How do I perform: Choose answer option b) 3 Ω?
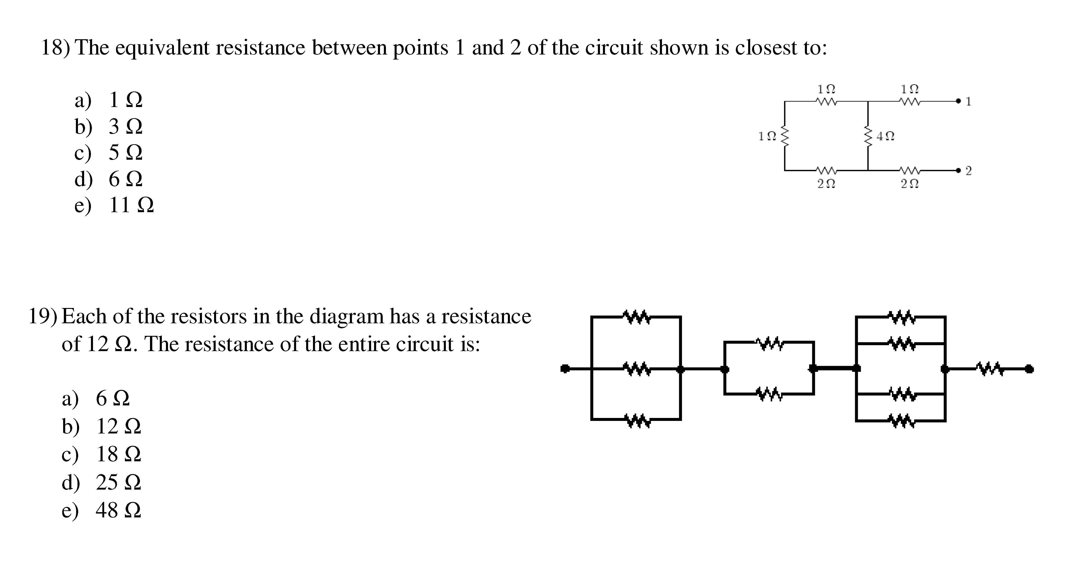coord(109,126)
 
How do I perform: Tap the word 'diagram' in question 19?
coord(347,317)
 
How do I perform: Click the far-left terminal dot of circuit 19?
coord(564,369)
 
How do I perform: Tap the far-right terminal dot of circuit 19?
coord(1029,369)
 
